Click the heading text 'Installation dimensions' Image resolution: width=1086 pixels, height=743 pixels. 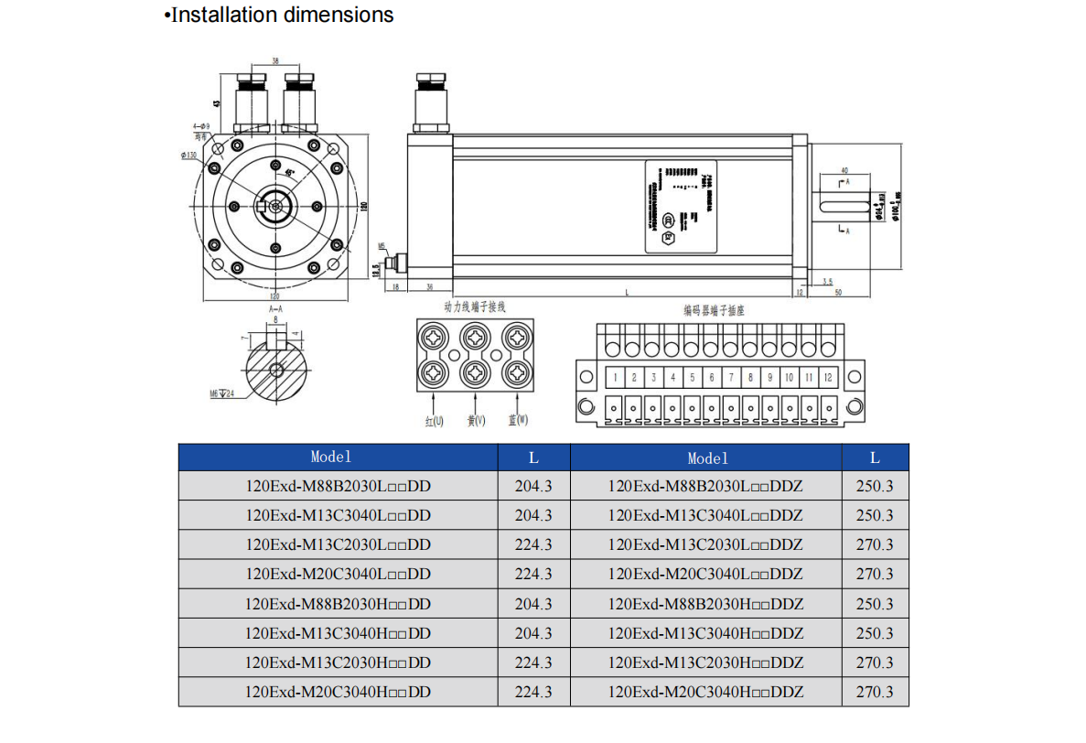pos(283,16)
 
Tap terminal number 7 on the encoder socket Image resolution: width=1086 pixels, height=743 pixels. pos(731,377)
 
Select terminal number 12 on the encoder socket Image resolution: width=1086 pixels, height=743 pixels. pos(827,377)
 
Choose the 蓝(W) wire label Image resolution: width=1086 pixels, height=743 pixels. pos(518,420)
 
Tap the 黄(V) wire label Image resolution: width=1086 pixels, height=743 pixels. pos(476,421)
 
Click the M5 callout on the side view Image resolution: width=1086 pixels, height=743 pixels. pos(382,246)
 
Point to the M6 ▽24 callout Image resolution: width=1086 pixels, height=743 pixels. pos(221,393)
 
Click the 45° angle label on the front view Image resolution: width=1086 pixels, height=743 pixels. pos(291,172)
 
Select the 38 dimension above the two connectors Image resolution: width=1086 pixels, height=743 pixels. pos(275,61)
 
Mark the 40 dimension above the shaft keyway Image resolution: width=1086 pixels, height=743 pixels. pos(844,170)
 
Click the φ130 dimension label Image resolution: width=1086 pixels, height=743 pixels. pos(189,156)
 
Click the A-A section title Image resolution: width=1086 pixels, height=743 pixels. pos(275,310)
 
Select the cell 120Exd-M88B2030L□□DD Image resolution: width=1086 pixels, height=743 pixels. pos(338,486)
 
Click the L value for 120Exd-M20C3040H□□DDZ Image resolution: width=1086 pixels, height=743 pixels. pos(875,692)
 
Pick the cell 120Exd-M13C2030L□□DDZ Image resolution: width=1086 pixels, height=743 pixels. pos(705,544)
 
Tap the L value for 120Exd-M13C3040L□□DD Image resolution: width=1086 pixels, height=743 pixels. pos(533,515)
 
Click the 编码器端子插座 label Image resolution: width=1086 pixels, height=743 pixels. pos(714,310)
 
